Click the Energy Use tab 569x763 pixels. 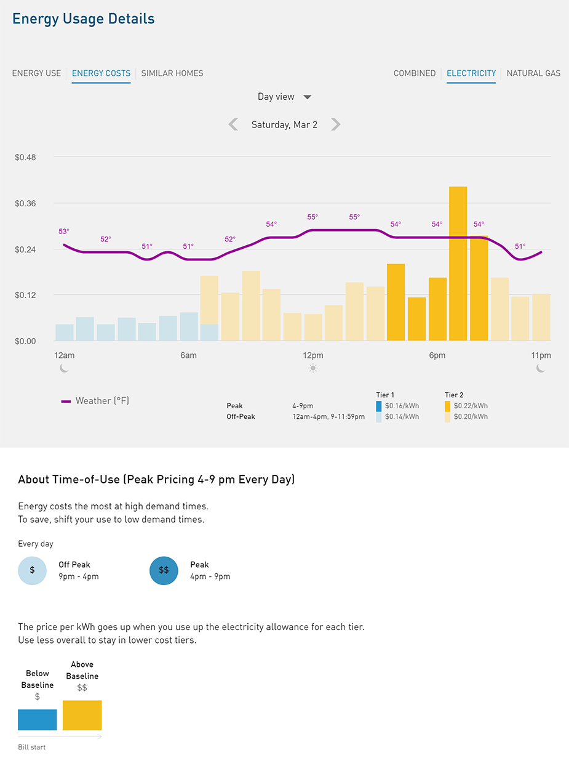coord(37,73)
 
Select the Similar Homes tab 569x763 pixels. coord(172,73)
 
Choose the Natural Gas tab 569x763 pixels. coord(533,73)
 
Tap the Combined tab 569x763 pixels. coord(415,73)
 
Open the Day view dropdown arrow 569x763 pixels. coord(308,97)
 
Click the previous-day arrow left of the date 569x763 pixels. coord(233,124)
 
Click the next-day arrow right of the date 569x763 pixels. coord(335,124)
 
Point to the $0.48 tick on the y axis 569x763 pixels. coord(25,158)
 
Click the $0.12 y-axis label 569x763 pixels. coord(25,295)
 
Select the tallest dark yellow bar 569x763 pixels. coord(458,264)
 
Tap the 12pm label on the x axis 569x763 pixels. coord(312,356)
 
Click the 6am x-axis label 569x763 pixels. coord(188,356)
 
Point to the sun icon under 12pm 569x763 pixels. coord(313,368)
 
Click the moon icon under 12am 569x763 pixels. coord(65,368)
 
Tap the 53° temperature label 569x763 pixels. coord(64,232)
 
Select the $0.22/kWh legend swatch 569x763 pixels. coord(447,406)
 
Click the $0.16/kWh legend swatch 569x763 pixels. coord(378,406)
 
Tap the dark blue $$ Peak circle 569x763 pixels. coord(164,570)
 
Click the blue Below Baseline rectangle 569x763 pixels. coord(38,719)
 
